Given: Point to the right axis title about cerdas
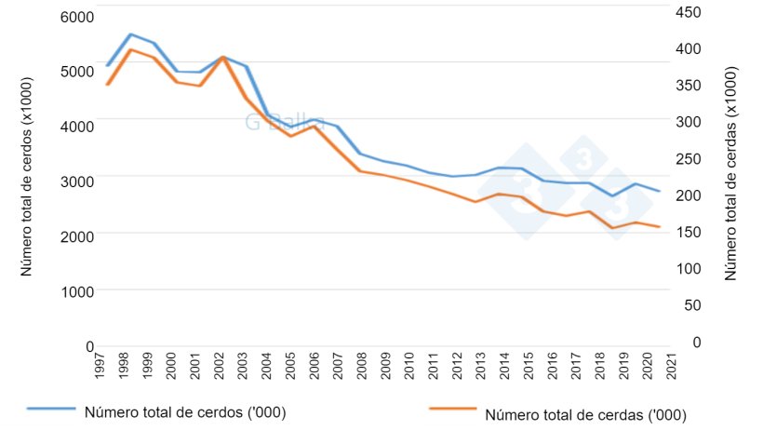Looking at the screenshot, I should (730, 173).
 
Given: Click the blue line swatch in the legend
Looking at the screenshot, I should (51, 410).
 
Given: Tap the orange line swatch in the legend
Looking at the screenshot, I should (453, 410).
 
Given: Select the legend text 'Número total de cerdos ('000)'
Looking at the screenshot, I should (184, 410).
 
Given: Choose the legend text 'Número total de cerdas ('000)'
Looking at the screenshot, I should (586, 416).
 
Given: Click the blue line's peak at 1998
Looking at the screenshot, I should (130, 34).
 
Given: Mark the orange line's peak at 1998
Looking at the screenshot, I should (130, 49).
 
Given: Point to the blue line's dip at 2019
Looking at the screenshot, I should (612, 195).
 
